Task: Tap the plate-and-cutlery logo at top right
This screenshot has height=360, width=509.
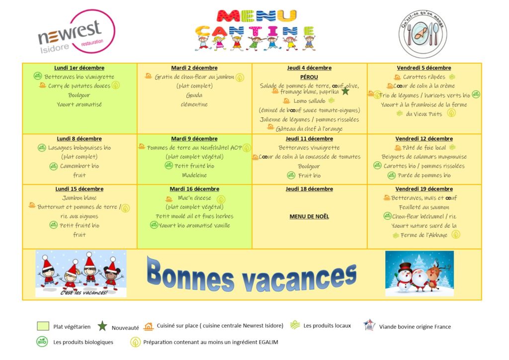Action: click(x=423, y=34)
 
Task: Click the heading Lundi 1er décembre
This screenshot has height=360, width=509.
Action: click(x=79, y=68)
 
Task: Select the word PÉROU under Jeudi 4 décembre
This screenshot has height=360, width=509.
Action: click(x=309, y=77)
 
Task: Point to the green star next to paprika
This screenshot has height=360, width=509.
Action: click(x=345, y=91)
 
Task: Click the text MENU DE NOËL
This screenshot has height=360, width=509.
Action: click(x=309, y=216)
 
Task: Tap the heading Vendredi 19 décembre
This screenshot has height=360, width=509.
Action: click(x=424, y=189)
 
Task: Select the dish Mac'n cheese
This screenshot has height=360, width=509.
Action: click(x=194, y=198)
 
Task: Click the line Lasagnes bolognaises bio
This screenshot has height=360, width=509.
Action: click(x=80, y=148)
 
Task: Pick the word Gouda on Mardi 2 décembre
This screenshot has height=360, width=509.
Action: click(x=194, y=95)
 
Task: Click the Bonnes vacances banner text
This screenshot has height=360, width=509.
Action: click(x=252, y=275)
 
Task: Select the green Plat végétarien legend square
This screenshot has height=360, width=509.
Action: click(x=43, y=326)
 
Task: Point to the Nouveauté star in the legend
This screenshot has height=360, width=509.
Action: click(x=102, y=326)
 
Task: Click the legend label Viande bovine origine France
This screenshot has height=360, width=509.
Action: click(x=415, y=327)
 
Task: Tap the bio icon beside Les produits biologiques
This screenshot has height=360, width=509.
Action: click(x=42, y=342)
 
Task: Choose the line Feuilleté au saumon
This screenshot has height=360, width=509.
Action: click(x=424, y=207)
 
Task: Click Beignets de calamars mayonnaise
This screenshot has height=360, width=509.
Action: click(x=424, y=157)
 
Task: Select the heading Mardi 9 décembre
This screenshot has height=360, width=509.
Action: click(x=194, y=139)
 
